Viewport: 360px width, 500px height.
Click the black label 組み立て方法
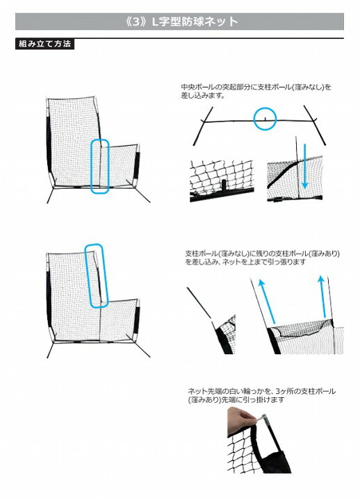pos(44,44)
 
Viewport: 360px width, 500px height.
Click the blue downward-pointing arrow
pos(305,166)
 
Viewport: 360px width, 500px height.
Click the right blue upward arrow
pos(323,297)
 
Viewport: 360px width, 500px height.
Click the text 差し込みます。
pos(204,95)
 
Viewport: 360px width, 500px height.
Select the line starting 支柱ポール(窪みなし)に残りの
pos(262,254)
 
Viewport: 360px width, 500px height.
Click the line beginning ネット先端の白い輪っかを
pos(262,391)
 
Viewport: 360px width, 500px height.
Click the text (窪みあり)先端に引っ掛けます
pos(236,400)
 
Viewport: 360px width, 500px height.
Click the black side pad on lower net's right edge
pos(137,320)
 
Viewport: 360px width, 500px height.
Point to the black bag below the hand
pos(275,458)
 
